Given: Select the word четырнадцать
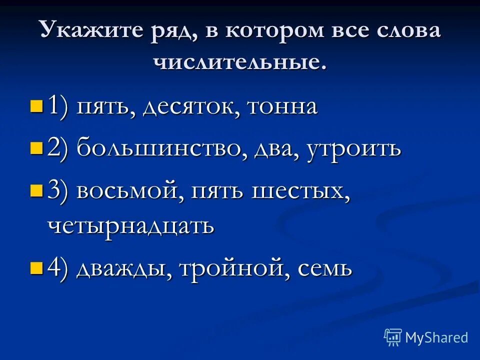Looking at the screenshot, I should coord(131,225).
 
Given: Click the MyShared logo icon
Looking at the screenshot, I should coord(393,337).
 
